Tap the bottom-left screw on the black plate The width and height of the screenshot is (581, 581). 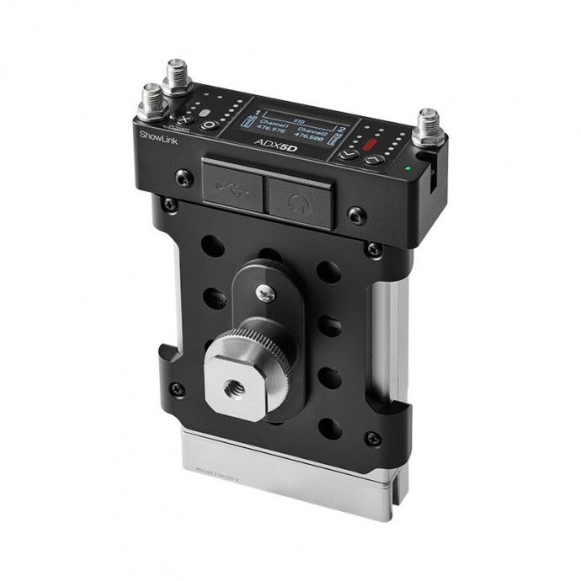pyautogui.click(x=176, y=388)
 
